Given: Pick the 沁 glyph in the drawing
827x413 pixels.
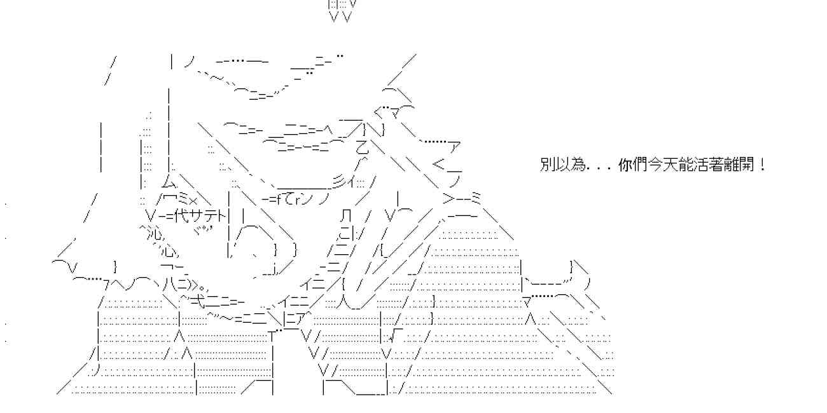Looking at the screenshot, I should click(152, 231).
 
